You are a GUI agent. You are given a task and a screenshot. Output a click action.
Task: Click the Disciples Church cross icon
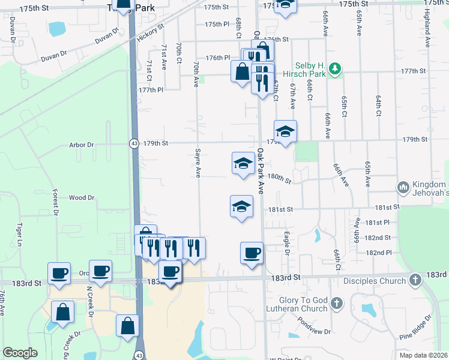tap(414, 280)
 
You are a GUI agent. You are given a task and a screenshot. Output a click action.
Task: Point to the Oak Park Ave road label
tap(261, 171)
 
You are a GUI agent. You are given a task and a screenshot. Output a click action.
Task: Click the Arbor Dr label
tap(82, 145)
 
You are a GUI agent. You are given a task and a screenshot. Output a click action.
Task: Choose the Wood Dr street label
tap(82, 197)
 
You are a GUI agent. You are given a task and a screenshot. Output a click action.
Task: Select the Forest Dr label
tap(55, 202)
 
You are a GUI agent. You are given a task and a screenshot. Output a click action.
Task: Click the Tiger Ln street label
tap(19, 234)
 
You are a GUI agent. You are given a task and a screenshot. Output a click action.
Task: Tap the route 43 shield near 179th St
tap(133, 143)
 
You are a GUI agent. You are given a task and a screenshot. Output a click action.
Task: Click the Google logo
tap(20, 353)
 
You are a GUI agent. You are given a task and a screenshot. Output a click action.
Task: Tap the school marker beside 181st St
tap(241, 206)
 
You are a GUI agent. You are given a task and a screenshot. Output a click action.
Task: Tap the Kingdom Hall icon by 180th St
tap(402, 187)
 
